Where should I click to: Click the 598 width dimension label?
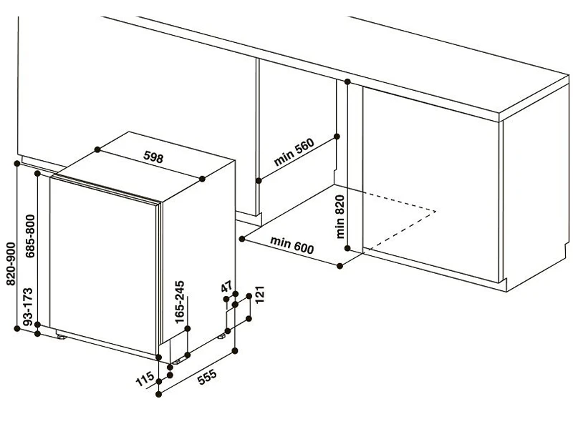(153, 157)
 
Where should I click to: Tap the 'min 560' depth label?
(294, 152)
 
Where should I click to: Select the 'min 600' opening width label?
(292, 245)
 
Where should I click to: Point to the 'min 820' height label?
(340, 217)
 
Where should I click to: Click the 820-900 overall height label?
(11, 264)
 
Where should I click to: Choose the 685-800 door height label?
(30, 236)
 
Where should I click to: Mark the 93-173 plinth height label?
(28, 307)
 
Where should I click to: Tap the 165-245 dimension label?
(180, 302)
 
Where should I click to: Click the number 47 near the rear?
(226, 287)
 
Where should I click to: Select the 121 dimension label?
(259, 295)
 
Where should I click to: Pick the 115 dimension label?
(145, 379)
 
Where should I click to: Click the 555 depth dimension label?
(207, 378)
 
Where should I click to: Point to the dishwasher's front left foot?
(61, 336)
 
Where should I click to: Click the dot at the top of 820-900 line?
(16, 164)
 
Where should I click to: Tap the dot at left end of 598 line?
(97, 149)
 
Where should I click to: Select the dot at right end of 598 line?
(203, 179)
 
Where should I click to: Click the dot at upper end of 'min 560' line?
(337, 137)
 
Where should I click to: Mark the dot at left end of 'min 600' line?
(242, 239)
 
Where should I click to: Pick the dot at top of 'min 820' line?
(347, 82)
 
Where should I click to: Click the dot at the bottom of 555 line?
(158, 395)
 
